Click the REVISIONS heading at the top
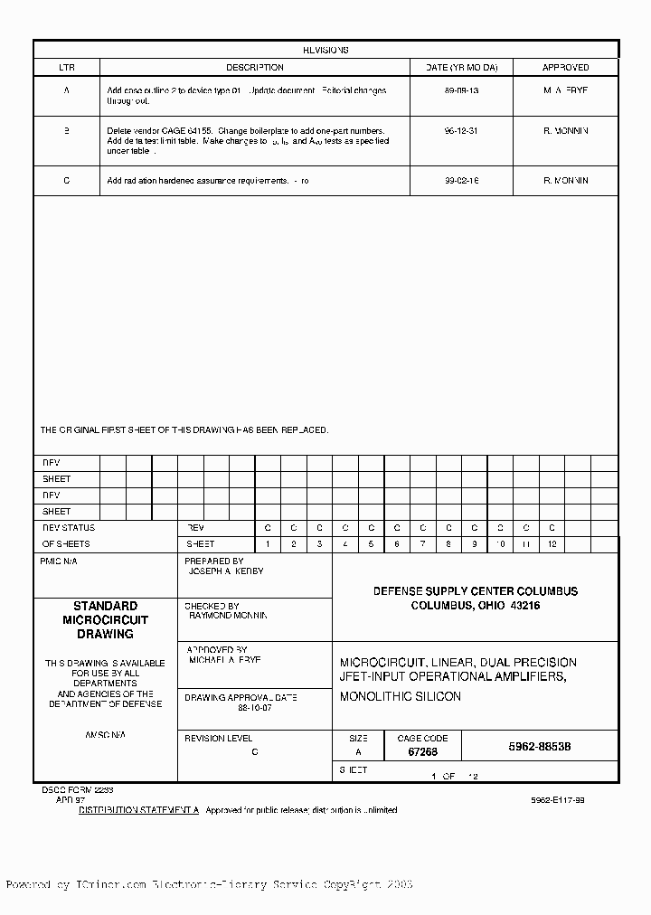click(325, 51)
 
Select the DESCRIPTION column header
click(254, 68)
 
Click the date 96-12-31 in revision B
click(461, 131)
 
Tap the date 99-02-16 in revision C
click(461, 181)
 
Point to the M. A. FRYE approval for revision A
click(565, 91)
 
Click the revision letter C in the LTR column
click(66, 181)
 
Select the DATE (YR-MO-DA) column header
click(461, 68)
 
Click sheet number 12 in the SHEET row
click(552, 544)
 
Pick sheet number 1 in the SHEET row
click(268, 544)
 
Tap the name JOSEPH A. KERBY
click(225, 572)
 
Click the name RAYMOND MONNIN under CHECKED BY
click(228, 616)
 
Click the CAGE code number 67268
click(422, 752)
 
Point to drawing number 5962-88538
click(540, 748)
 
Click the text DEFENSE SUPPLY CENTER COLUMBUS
click(476, 591)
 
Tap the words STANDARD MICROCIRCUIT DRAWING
click(105, 620)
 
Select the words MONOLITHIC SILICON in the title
click(400, 697)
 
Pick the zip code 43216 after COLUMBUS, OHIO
click(524, 606)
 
